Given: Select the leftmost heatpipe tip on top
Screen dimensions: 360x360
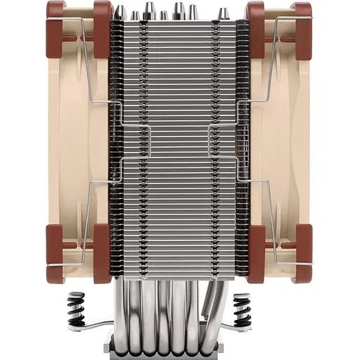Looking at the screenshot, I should click(x=120, y=12).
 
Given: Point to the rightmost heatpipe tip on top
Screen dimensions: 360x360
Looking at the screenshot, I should click(x=223, y=13).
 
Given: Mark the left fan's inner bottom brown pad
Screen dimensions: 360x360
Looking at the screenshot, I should click(x=102, y=243).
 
